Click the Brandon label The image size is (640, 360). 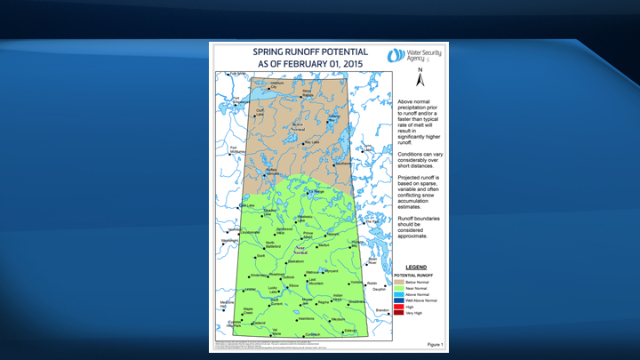383,310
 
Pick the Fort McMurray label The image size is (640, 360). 236,150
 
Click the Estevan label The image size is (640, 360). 350,331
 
